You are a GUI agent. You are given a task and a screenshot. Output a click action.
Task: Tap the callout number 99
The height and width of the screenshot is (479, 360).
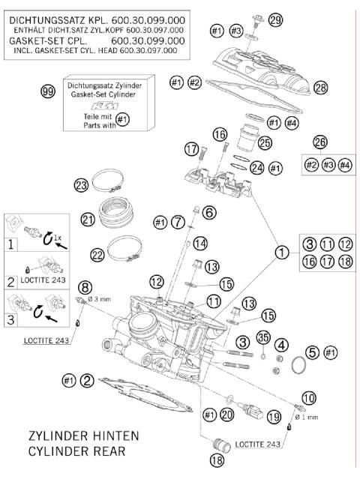47,91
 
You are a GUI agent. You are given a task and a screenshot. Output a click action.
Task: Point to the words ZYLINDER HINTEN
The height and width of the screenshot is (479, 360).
82,436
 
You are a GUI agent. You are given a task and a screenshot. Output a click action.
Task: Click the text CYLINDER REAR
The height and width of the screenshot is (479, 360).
77,452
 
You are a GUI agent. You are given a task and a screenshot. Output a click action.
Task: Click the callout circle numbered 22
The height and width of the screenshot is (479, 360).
98,255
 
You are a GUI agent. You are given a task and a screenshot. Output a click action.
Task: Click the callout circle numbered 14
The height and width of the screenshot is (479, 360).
199,243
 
